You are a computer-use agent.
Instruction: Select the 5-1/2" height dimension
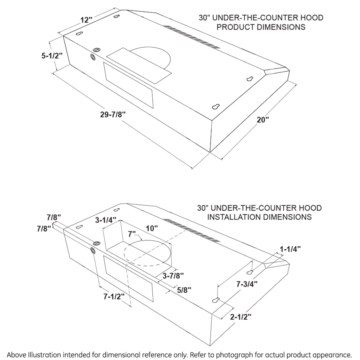point(52,56)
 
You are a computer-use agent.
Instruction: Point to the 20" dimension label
point(263,120)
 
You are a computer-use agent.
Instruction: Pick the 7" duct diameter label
point(132,233)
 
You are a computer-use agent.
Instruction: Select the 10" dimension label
point(152,228)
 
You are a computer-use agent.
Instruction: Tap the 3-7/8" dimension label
point(173,275)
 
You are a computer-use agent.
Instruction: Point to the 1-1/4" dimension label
point(290,249)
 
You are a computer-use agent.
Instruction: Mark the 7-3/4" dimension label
point(246,284)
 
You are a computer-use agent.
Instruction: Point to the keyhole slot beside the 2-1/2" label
point(216,300)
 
